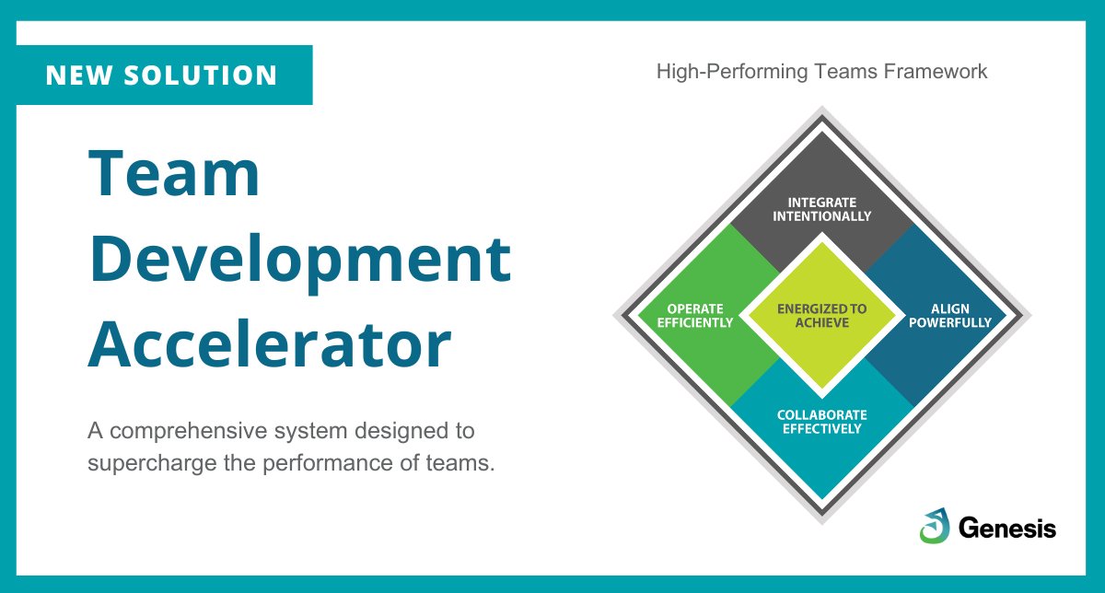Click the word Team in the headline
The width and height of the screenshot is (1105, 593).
point(174,175)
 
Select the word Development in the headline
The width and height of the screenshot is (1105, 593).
point(299,261)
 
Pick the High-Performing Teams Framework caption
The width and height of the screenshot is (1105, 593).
point(821,72)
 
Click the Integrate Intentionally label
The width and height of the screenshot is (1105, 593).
point(821,209)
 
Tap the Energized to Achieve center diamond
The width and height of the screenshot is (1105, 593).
point(821,316)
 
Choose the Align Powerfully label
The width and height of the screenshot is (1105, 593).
point(949,316)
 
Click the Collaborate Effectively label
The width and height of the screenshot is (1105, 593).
point(821,422)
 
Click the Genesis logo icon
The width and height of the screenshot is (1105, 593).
point(934,526)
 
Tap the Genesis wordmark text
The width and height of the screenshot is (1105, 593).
point(1007,528)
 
